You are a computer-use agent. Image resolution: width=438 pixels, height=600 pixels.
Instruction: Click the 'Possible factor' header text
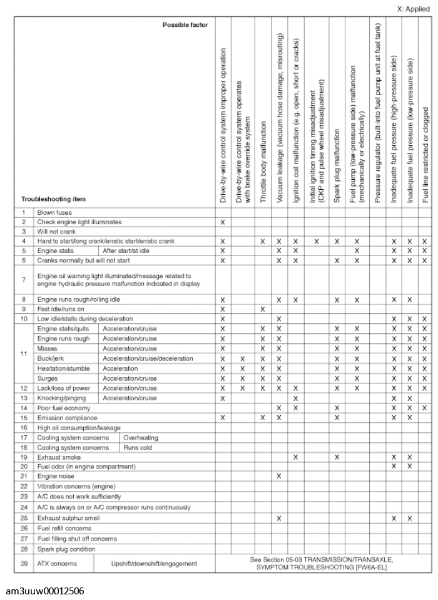(x=185, y=24)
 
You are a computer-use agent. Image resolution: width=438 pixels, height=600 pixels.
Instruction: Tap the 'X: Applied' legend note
(x=414, y=9)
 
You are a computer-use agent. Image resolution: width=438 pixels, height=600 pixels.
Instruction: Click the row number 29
(x=23, y=564)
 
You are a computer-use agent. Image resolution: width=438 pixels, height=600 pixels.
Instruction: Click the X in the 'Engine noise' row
(x=278, y=476)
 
